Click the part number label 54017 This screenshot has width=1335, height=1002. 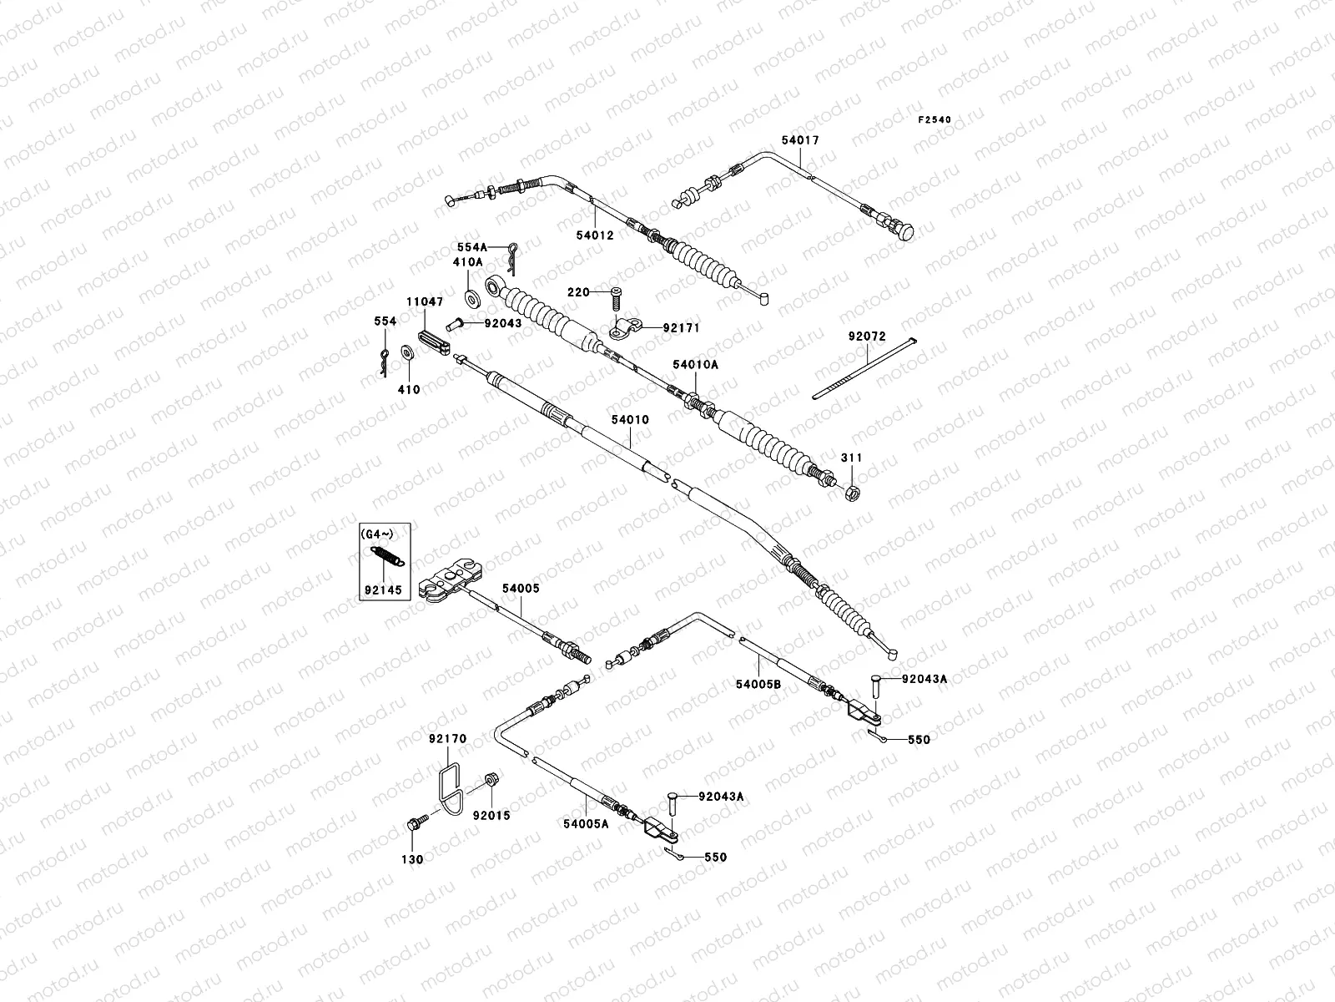[x=800, y=141]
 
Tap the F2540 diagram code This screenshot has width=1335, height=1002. [x=934, y=120]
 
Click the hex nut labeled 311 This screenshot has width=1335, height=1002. [x=854, y=492]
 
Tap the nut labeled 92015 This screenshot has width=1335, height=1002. [x=492, y=782]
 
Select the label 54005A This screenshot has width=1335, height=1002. [x=586, y=823]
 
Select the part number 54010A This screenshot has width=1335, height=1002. [x=695, y=365]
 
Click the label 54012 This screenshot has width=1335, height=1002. [x=594, y=235]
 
